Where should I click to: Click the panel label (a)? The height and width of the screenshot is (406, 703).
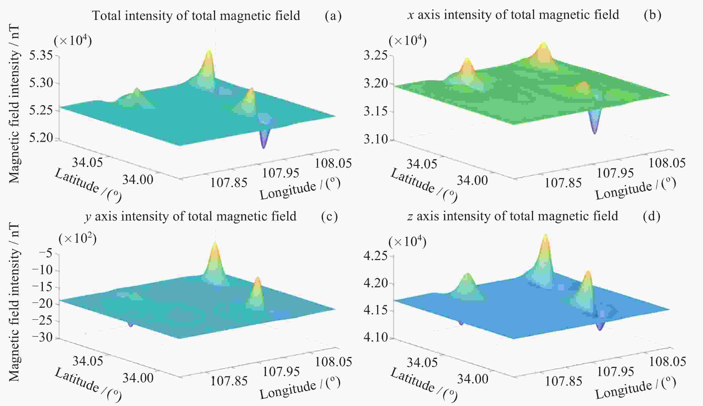(333, 16)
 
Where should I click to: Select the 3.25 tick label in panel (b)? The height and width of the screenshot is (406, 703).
(375, 55)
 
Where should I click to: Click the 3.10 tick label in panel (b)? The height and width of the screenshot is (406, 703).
(375, 139)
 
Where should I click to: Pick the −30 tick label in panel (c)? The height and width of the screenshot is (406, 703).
(42, 337)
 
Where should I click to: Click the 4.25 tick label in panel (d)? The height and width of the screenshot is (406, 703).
(375, 256)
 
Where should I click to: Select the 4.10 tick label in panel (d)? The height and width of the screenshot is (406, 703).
(375, 337)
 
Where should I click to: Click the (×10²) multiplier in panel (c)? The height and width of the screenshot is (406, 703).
(78, 238)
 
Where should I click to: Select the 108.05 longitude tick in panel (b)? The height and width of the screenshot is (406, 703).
(667, 163)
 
